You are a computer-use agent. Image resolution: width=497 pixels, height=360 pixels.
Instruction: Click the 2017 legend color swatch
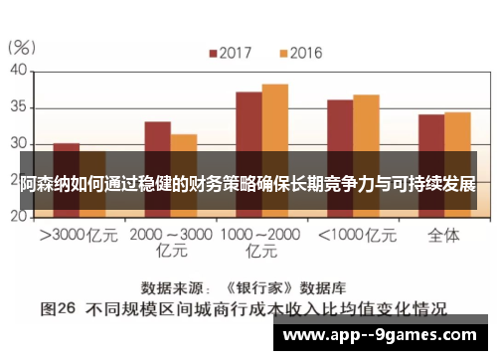click(212, 52)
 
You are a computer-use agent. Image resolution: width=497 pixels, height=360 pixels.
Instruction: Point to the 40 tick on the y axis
click(18, 71)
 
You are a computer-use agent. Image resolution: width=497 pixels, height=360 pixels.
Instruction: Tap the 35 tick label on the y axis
click(18, 106)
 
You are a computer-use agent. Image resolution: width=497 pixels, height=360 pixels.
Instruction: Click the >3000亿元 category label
click(79, 236)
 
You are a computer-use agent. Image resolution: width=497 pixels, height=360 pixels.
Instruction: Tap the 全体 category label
click(443, 236)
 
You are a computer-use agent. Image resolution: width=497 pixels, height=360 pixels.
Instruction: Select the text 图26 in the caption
click(60, 307)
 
